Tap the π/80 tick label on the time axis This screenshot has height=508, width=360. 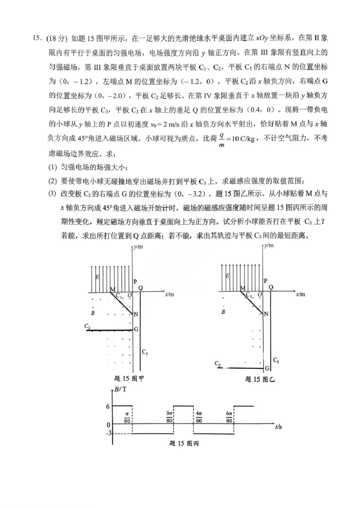point(127,417)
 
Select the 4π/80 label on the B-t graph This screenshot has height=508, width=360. point(198,417)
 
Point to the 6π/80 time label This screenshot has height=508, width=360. point(229,417)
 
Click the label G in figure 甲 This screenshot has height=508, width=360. point(136,329)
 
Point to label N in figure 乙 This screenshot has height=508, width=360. point(266,314)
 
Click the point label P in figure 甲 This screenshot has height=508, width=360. point(135,281)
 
